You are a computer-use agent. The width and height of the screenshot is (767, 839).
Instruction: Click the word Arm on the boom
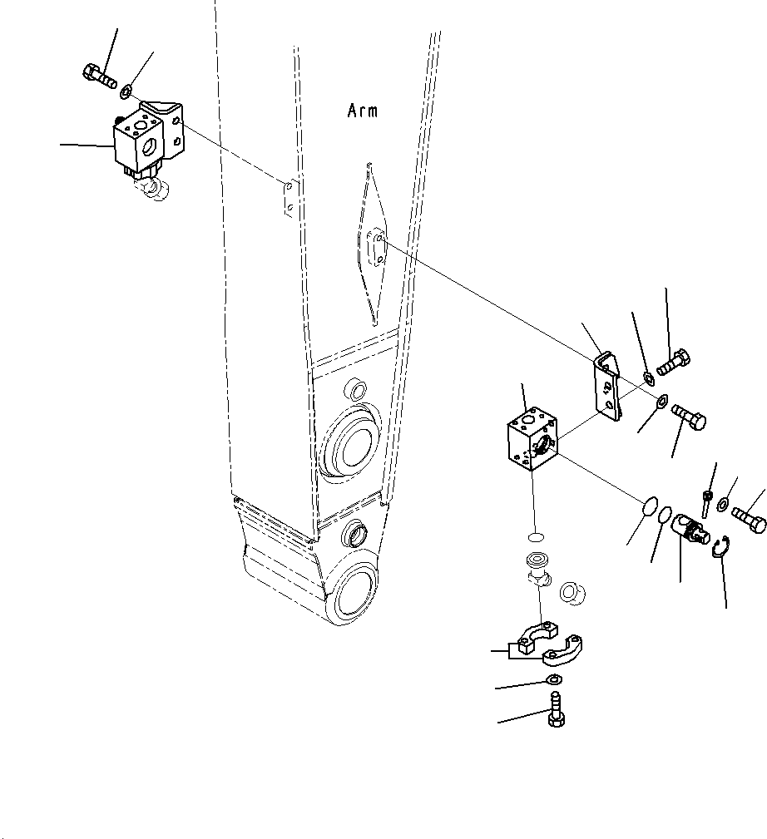click(362, 111)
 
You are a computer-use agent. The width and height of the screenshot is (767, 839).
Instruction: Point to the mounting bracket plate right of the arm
click(607, 387)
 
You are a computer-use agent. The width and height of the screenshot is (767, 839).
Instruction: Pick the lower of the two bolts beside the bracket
click(688, 416)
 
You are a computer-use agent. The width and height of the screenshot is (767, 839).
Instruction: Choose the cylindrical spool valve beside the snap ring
click(690, 529)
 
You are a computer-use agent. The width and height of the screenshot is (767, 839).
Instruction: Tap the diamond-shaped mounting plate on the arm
click(370, 245)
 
